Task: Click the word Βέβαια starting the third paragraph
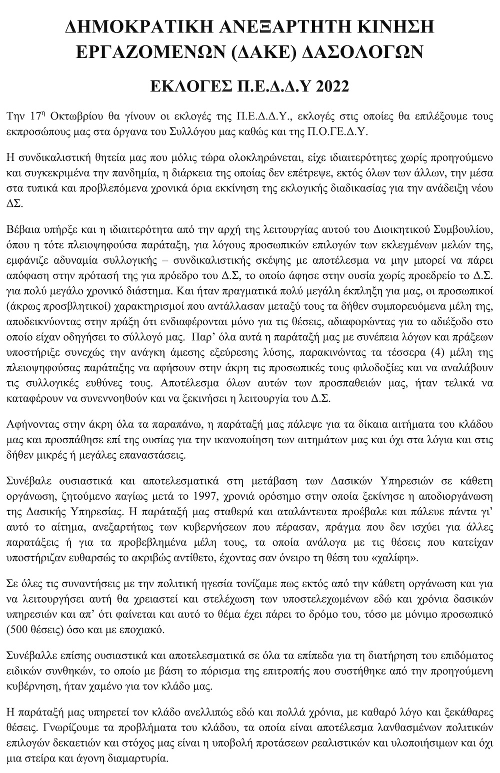coord(20,230)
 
